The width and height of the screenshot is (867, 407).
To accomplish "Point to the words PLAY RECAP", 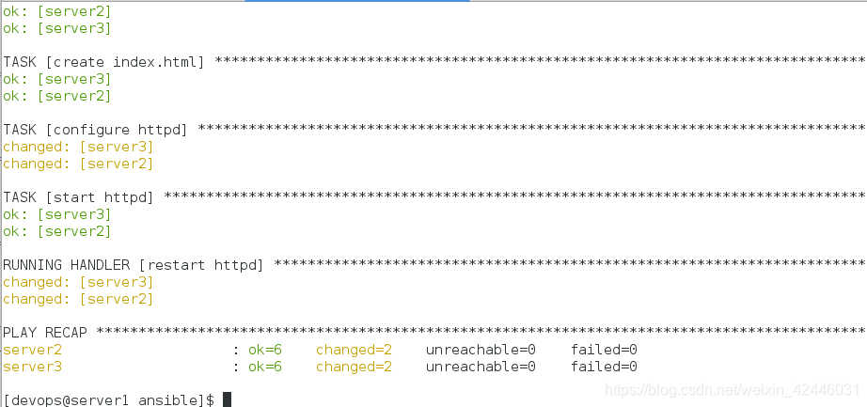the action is coord(46,333).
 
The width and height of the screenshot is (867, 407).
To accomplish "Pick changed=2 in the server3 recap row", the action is coord(354,367).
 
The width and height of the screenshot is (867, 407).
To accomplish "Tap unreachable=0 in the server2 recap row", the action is coord(481,350).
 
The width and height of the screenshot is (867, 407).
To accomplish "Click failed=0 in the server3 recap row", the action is coord(604,367).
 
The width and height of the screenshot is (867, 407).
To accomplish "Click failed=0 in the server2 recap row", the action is coord(604,350).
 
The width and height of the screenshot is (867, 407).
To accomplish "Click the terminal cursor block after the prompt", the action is coord(227,400).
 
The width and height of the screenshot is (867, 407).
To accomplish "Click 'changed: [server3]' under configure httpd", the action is coord(78,147).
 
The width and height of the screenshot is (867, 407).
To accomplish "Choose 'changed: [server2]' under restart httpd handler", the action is coord(78,299).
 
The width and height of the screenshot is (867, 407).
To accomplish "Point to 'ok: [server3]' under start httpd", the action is coord(57,214).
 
